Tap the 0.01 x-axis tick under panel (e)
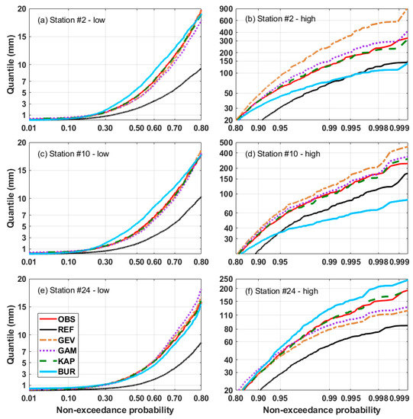(x=30, y=398)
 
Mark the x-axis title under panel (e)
(x=115, y=411)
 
